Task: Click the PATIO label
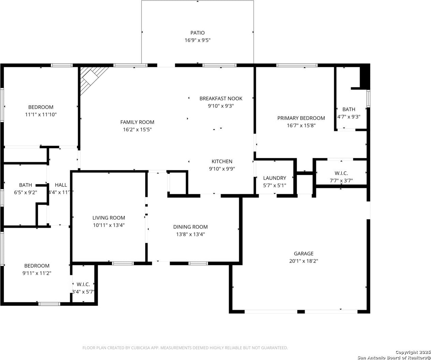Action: (197, 32)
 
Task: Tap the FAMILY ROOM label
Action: (137, 122)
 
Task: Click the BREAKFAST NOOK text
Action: (221, 98)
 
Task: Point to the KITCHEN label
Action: (222, 161)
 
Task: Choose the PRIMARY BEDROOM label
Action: (301, 118)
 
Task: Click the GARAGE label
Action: (304, 253)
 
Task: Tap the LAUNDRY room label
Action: (274, 178)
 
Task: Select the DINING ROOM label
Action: (190, 227)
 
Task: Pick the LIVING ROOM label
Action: (109, 218)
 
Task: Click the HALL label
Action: (61, 185)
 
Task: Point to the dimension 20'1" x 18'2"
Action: (304, 261)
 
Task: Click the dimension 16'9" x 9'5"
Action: (197, 40)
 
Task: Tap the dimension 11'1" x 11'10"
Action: (41, 115)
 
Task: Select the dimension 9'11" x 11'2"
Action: (37, 273)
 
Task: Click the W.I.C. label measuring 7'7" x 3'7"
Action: (341, 173)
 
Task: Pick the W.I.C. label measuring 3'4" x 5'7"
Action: (83, 284)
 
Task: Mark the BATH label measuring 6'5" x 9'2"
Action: (26, 185)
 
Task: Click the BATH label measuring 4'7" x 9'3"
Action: (349, 109)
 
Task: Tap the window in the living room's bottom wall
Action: (123, 263)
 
